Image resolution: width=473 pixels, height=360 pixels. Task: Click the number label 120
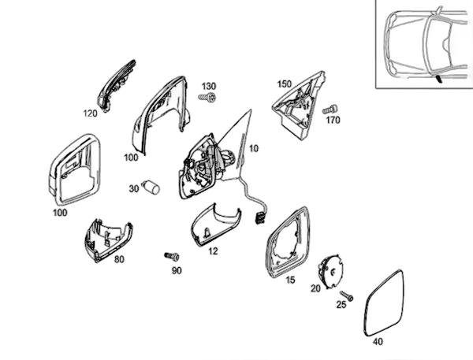90,113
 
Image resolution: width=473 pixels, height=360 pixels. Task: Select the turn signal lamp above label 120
117,86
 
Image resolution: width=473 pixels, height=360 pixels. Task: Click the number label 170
332,121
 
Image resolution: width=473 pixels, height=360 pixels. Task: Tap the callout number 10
254,148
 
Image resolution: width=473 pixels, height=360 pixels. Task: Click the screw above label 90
172,256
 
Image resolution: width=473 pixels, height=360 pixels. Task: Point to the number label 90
177,270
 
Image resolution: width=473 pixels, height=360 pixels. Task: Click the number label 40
378,342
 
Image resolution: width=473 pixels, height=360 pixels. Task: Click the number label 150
285,84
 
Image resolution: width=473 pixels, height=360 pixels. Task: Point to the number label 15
290,280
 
